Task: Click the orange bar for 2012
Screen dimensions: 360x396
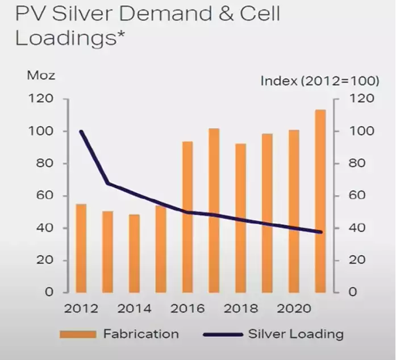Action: pyautogui.click(x=81, y=248)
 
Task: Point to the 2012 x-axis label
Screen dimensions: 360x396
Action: pyautogui.click(x=81, y=309)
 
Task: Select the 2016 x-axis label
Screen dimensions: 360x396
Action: pyautogui.click(x=187, y=309)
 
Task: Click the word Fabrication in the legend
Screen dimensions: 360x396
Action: pyautogui.click(x=141, y=334)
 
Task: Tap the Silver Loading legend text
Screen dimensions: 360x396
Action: pyautogui.click(x=295, y=334)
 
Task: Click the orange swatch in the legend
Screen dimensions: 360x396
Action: pyautogui.click(x=77, y=334)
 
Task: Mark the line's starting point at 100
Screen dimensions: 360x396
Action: pyautogui.click(x=81, y=131)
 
